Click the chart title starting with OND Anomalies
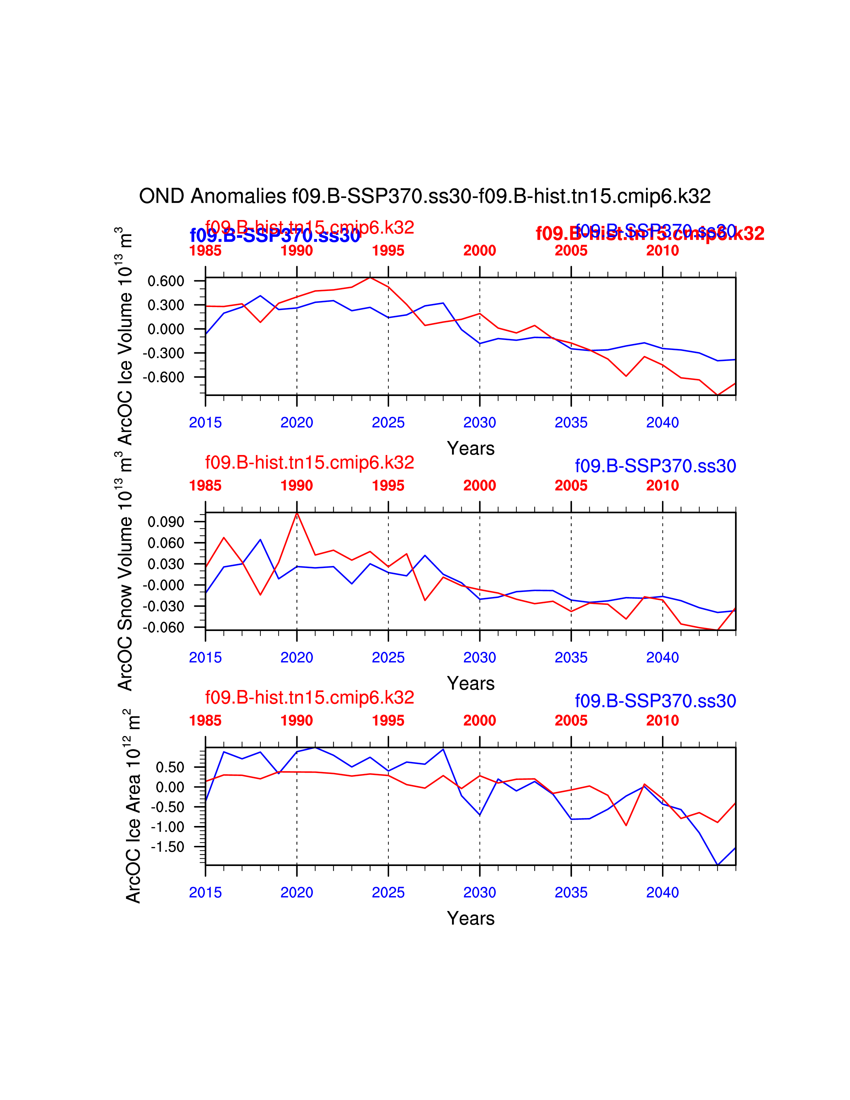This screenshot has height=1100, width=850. click(x=424, y=196)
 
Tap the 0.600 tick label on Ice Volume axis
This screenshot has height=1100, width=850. click(x=166, y=281)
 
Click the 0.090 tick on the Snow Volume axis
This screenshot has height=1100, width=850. click(x=166, y=522)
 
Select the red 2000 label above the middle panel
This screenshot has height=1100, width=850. click(x=479, y=486)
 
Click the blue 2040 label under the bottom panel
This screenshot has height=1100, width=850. click(x=662, y=892)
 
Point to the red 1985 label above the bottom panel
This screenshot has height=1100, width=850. click(x=205, y=721)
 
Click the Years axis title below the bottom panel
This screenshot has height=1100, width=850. click(x=470, y=918)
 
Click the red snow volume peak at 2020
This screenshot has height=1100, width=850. click(x=297, y=513)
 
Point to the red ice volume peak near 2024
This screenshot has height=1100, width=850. click(x=370, y=278)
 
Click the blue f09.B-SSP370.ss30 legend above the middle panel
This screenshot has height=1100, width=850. click(x=655, y=466)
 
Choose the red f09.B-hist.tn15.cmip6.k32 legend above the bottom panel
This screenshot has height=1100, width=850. click(x=309, y=698)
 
